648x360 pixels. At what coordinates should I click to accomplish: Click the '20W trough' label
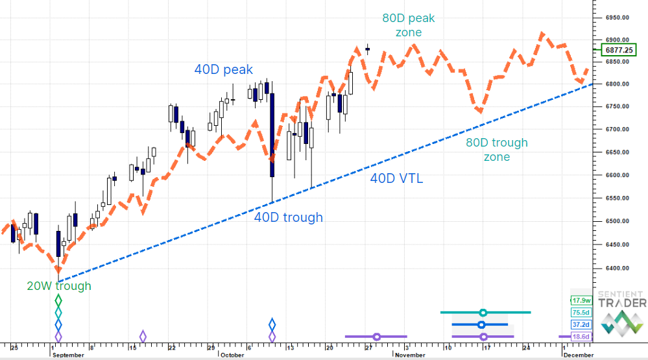coord(58,286)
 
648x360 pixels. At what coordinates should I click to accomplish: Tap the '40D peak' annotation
coord(223,69)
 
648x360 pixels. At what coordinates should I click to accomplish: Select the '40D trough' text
coord(288,217)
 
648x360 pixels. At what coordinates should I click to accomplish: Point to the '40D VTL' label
coord(396,178)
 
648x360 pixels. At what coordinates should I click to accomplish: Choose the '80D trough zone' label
coord(497,149)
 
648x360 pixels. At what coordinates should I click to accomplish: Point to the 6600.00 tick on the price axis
coord(618,175)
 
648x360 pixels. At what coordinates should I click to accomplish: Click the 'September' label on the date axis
coord(68,355)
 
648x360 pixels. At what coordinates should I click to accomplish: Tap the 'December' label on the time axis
coord(577,355)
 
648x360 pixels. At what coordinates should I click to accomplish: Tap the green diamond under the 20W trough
coord(58,300)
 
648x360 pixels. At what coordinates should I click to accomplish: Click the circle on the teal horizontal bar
coord(483,313)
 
